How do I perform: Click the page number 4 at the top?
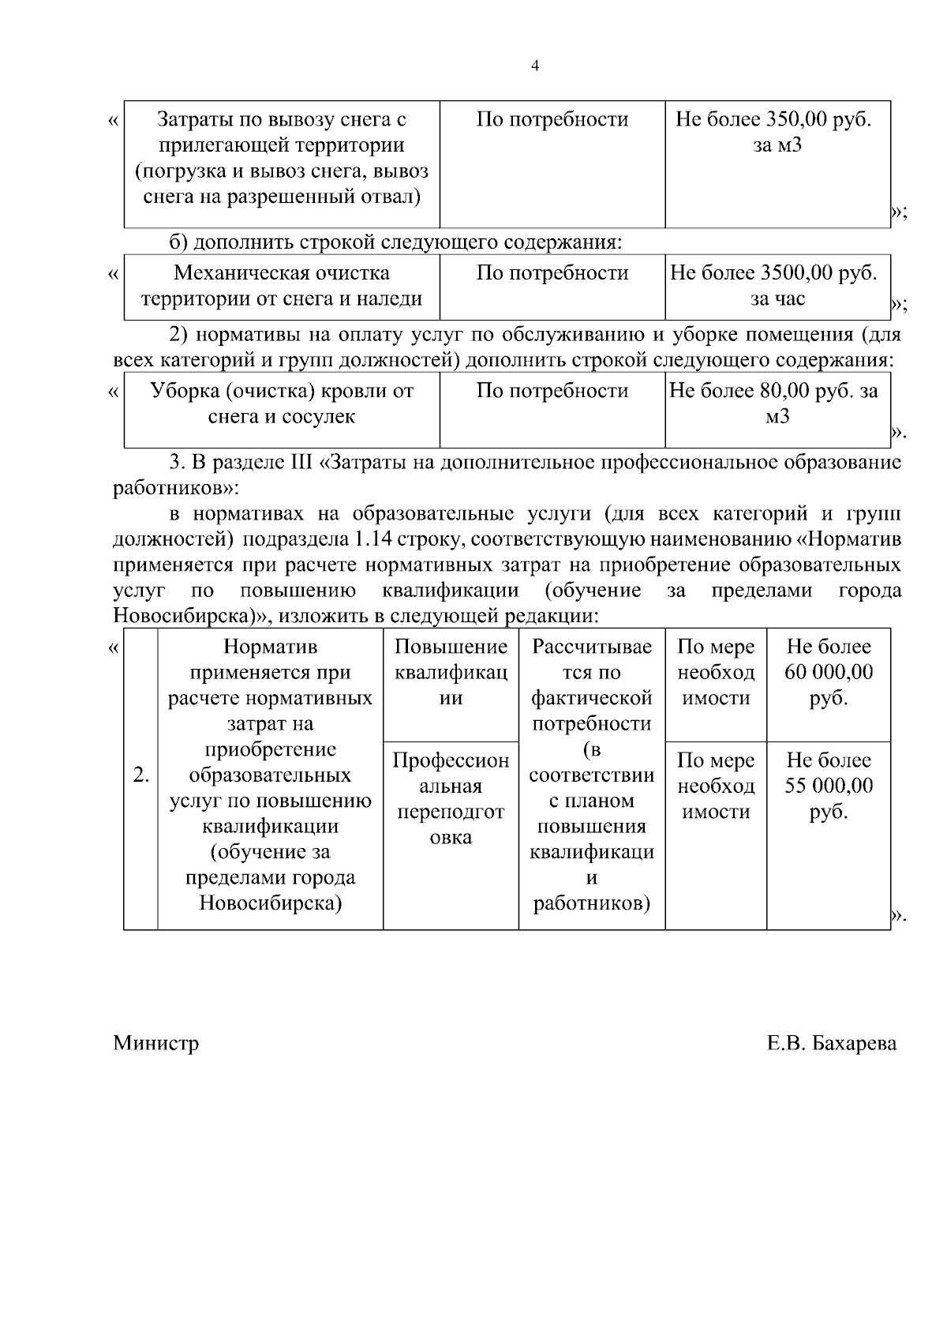[x=536, y=66]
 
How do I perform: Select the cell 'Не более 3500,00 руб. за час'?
[x=777, y=286]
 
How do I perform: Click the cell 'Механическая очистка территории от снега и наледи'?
[x=282, y=286]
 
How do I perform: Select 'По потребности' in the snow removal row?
[x=552, y=120]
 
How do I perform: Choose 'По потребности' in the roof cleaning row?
[x=552, y=391]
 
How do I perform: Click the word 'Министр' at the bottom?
[x=155, y=1043]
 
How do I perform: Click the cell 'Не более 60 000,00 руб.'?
[x=828, y=673]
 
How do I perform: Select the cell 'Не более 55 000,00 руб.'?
[x=828, y=786]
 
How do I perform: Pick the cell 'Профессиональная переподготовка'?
[x=450, y=798]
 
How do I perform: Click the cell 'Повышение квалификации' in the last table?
[x=450, y=673]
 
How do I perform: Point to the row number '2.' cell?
[x=140, y=775]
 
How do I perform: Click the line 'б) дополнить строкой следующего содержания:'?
[x=396, y=242]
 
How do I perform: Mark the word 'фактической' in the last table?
[x=591, y=698]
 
